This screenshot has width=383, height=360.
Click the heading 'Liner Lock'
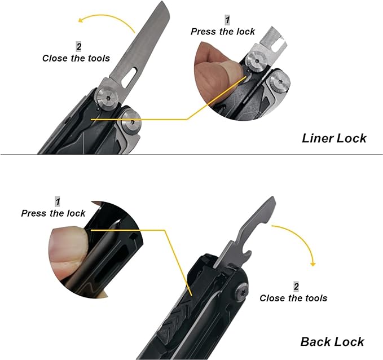334,138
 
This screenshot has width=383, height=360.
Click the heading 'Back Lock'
332,341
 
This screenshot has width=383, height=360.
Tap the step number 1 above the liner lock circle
227,20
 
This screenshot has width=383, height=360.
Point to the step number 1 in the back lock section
58,201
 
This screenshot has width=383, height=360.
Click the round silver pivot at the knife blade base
107,98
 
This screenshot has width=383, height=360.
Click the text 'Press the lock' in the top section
222,32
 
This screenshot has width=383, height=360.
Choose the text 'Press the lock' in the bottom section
53,213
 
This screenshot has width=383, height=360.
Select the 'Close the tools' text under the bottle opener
293,298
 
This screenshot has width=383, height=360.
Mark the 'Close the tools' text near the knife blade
76,58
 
